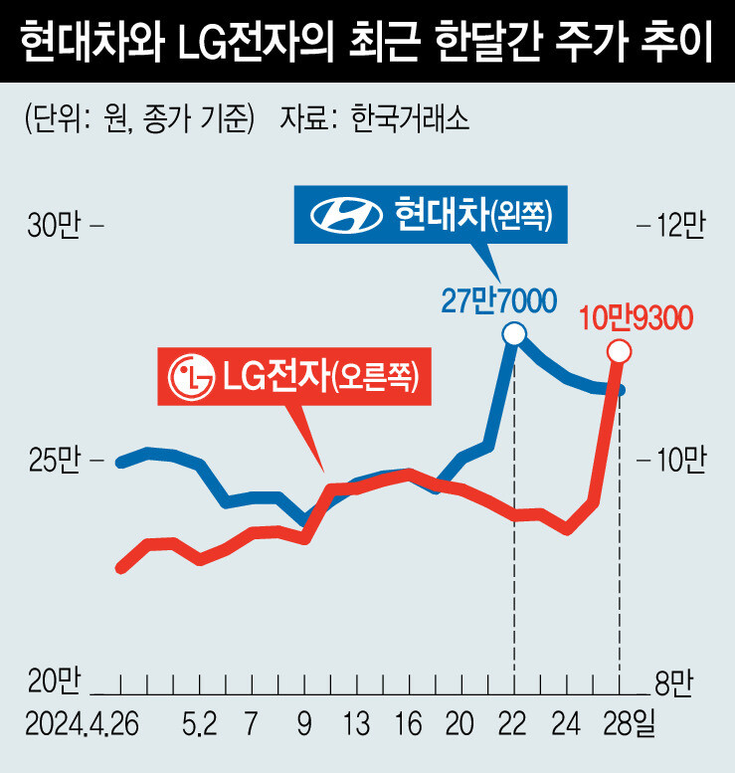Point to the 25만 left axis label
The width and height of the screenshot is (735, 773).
[53, 460]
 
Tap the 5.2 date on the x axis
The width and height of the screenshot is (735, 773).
[199, 721]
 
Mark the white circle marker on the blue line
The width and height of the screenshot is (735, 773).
[514, 334]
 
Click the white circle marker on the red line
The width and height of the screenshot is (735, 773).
[619, 351]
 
